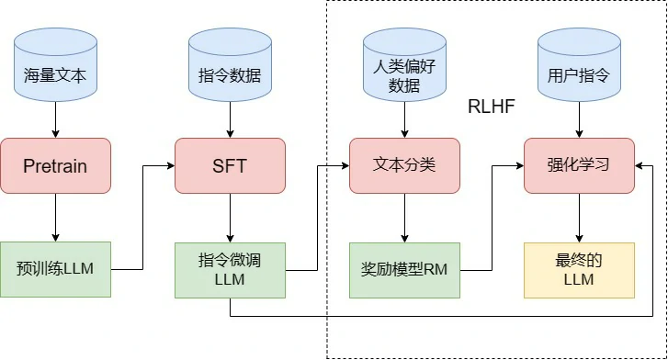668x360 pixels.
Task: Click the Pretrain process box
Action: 55,165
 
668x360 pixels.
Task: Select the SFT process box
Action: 230,165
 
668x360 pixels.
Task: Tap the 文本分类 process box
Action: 404,165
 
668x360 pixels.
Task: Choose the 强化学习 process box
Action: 579,165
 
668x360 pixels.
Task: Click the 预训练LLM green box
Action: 55,269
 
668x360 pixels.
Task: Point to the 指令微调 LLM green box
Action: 230,269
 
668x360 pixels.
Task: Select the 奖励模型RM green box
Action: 404,269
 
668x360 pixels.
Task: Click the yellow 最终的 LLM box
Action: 579,269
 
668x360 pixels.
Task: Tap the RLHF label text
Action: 492,107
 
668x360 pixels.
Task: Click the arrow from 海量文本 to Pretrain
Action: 55,119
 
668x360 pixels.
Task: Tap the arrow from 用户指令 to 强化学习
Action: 579,119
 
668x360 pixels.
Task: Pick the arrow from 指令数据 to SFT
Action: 230,119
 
